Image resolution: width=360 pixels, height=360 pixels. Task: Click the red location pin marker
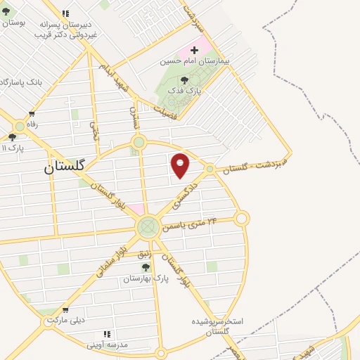click(181, 165)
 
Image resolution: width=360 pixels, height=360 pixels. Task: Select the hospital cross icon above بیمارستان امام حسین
click(195, 51)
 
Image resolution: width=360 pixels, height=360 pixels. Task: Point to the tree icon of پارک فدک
click(184, 80)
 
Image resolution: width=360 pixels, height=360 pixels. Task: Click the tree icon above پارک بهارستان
click(146, 267)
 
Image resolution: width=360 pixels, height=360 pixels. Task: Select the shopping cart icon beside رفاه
click(32, 114)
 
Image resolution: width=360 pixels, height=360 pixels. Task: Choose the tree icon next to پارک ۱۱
click(12, 137)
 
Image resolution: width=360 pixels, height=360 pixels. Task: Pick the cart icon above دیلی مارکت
click(65, 309)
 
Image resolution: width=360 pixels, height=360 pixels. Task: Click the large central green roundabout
click(148, 226)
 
